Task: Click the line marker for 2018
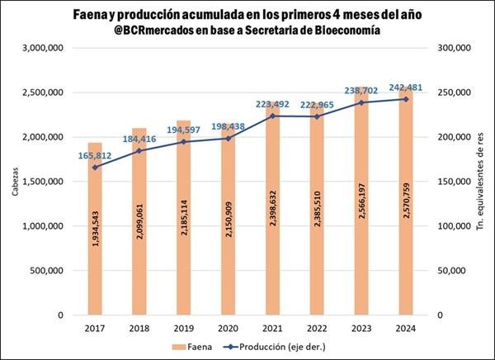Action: [x=139, y=150]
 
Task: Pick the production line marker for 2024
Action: [x=405, y=99]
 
